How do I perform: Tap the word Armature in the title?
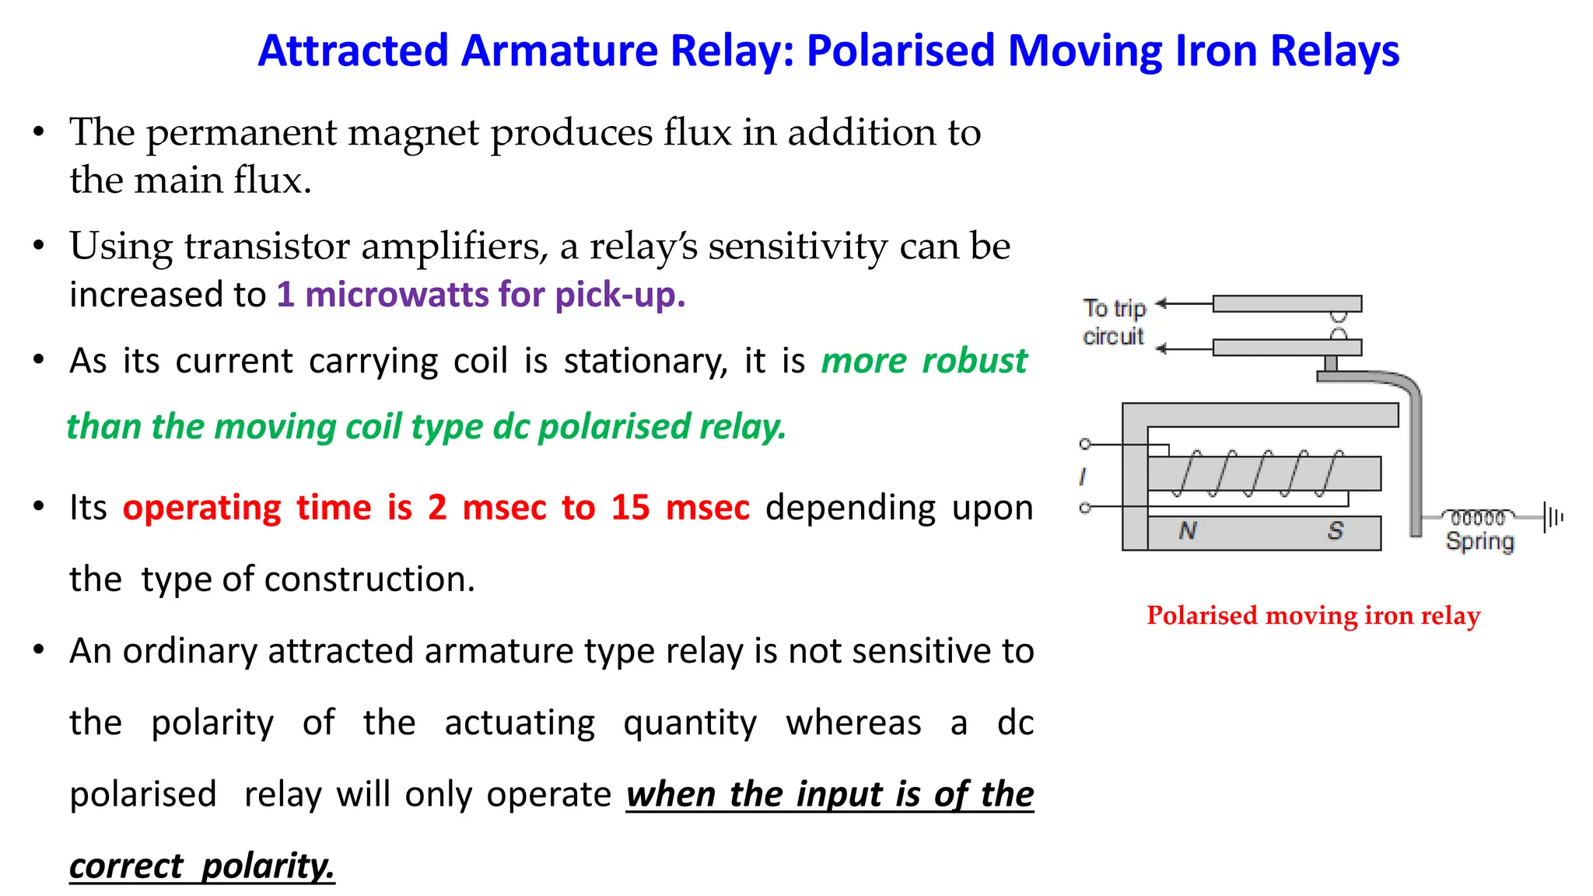558,51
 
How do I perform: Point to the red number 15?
630,508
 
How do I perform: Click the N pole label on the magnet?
1187,531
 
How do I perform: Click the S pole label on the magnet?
1336,531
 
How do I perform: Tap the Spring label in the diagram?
1479,541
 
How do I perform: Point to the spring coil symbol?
1478,517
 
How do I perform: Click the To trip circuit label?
1114,322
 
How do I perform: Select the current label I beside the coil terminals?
1083,476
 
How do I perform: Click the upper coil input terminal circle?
1085,444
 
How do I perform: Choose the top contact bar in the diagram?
1287,303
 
